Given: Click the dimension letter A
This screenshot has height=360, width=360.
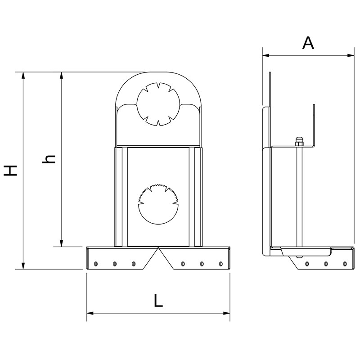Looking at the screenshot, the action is click(x=308, y=43).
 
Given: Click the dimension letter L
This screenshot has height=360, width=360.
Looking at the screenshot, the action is click(x=158, y=301).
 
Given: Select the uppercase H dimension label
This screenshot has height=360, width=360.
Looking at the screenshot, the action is click(x=10, y=171).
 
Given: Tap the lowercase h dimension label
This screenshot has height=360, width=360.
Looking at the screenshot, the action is click(x=49, y=159).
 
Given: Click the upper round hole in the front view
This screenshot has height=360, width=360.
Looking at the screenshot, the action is click(x=158, y=104).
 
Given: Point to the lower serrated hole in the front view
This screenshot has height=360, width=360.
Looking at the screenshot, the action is click(x=158, y=204).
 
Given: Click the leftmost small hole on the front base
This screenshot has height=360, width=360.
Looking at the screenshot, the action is click(x=96, y=264).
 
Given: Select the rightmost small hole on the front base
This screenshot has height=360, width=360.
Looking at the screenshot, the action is click(x=221, y=264).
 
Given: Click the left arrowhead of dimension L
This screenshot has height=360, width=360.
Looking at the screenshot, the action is click(x=90, y=313).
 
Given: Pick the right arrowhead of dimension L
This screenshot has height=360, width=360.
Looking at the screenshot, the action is click(x=227, y=313).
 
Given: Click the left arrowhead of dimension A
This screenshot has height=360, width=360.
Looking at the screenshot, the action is click(x=266, y=55).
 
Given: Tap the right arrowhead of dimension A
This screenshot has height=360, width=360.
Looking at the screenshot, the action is click(x=351, y=55).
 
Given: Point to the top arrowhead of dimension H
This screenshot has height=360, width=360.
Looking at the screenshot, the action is click(x=23, y=76).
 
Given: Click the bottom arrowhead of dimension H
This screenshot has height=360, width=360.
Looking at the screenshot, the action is click(x=23, y=266).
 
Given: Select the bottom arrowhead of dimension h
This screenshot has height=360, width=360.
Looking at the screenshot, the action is click(x=61, y=243).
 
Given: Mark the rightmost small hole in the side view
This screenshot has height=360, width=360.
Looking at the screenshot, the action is click(x=344, y=264).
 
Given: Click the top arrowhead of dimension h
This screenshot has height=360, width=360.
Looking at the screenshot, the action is click(x=61, y=76).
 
